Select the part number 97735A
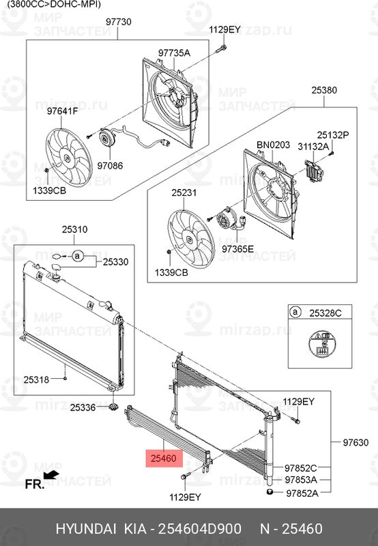(174, 53)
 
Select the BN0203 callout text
(273, 145)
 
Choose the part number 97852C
(302, 468)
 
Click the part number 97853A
(302, 480)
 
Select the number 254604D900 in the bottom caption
(199, 529)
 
